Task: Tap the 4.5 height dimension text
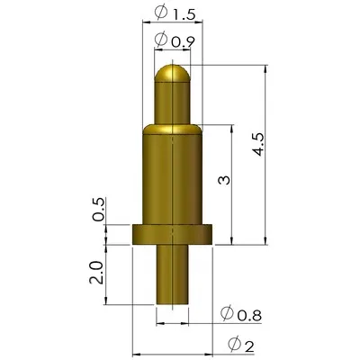258,145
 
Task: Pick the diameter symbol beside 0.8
227,313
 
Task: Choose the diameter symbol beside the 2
233,344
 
